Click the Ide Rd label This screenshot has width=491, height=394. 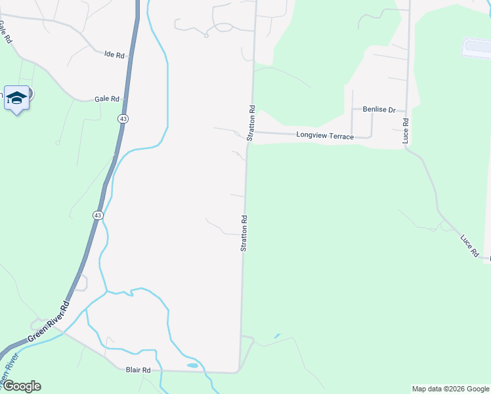coord(114,55)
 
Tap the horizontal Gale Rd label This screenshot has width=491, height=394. coord(106,98)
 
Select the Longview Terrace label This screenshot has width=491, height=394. coord(325,137)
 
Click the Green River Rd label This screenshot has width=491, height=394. coord(48,323)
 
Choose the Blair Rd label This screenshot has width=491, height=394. coord(138,370)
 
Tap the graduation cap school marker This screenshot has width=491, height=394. coord(16,98)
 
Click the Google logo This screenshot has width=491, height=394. coord(21,386)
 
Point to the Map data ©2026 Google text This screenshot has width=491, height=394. coord(450,389)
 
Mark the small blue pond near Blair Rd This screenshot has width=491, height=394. coord(192,365)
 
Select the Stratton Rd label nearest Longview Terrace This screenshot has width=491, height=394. coord(251,122)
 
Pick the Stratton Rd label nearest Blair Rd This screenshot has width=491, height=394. coord(244,233)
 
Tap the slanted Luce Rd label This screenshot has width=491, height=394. coord(470,245)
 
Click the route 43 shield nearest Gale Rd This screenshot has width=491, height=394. coord(123,118)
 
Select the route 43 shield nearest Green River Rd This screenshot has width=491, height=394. coord(97,215)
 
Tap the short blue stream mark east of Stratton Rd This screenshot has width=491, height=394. coord(277,336)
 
